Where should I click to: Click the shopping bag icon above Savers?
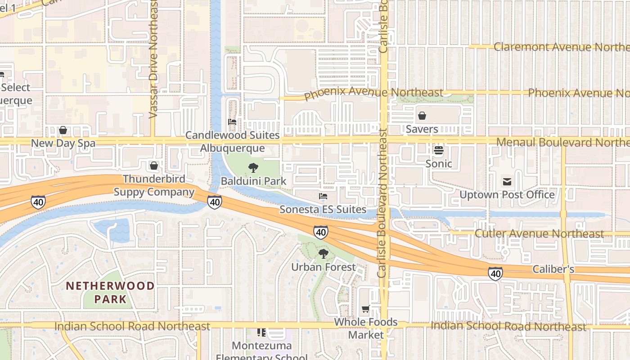pos(422,116)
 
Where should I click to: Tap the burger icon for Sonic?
pos(439,150)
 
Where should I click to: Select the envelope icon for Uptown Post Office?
pos(507,182)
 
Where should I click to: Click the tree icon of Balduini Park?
pos(253,168)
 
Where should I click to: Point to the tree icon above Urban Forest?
pos(323,254)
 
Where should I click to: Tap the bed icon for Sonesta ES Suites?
pos(323,196)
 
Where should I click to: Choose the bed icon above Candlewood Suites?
pos(232,121)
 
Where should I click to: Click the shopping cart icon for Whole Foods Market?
pos(366,309)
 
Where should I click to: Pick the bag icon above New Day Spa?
pos(63,130)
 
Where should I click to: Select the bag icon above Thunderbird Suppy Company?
pos(154,166)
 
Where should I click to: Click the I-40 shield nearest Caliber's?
pos(495,274)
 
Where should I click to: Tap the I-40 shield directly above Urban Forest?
pos(321,232)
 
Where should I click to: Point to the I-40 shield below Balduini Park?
pos(215,202)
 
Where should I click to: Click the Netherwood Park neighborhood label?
pos(110,292)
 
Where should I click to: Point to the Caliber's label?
pos(553,269)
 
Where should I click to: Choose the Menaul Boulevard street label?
pos(562,142)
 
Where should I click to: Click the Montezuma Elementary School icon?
pos(261,333)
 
